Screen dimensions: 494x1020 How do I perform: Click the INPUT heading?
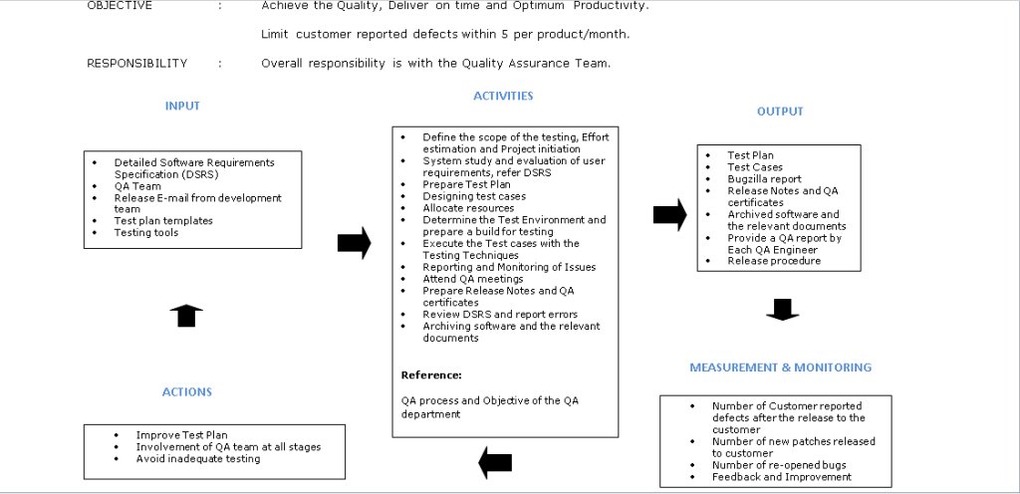pos(182,106)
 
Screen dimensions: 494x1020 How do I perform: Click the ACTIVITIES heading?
pos(503,97)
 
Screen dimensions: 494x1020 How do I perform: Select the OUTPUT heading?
pos(780,112)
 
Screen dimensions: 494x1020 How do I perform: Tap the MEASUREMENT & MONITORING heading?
pos(780,368)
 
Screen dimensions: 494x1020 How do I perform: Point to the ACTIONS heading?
pos(187,392)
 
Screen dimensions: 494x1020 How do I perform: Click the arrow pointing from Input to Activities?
pos(354,242)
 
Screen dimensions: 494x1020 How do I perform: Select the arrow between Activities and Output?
pos(669,214)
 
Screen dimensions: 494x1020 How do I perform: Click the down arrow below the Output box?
pos(782,310)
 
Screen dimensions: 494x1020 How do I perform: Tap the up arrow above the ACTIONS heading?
pos(186,316)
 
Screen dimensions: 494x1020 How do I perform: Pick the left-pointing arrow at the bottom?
pos(495,462)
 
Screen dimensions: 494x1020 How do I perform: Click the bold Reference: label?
pos(431,375)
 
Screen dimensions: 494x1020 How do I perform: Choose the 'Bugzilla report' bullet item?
pos(764,179)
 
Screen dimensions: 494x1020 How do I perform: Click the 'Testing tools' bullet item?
pos(146,233)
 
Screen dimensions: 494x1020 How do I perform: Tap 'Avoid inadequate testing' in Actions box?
pos(198,459)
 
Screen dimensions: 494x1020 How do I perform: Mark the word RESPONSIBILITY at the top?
pos(137,64)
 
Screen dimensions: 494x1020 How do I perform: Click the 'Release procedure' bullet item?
pos(774,261)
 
